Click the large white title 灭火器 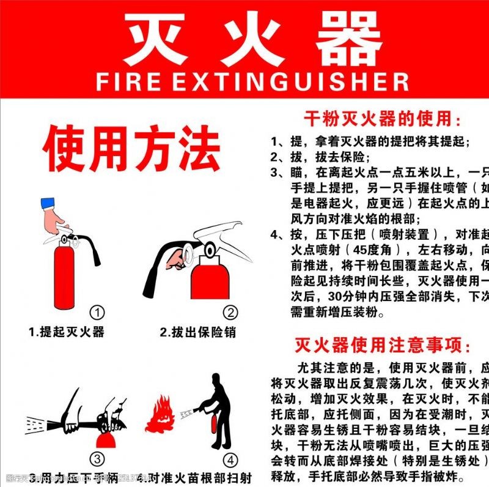click(252, 39)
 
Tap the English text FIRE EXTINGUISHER click(252, 81)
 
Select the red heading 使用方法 click(131, 149)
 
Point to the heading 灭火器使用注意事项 click(383, 346)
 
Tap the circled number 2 click(230, 313)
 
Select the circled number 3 click(97, 458)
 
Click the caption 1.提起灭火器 click(67, 332)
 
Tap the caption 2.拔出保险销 click(197, 332)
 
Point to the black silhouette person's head click(217, 381)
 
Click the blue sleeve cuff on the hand click(47, 204)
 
